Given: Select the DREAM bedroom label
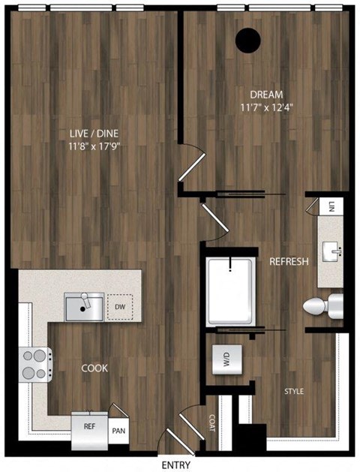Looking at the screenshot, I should (266, 95).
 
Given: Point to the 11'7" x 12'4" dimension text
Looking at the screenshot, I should (266, 107).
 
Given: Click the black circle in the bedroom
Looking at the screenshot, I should (247, 40).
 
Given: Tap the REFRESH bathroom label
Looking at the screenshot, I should (289, 262).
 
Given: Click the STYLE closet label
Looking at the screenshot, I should (294, 391).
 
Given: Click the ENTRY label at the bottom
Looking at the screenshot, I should (176, 464).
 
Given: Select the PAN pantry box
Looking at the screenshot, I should (118, 431).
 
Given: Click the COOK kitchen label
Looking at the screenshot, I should (94, 368).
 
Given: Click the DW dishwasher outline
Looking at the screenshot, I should (120, 307).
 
